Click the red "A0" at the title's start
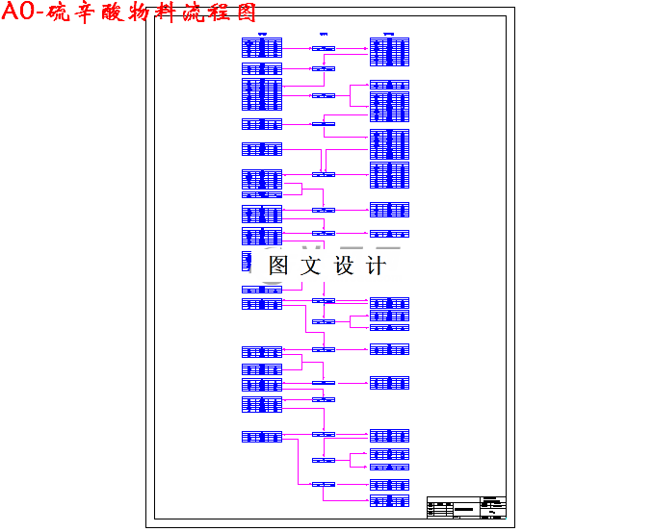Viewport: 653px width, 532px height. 22,13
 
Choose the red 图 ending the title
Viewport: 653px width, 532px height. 245,13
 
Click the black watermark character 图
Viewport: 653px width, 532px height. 278,266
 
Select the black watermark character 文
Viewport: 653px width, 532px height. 310,266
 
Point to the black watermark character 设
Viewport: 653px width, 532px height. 344,266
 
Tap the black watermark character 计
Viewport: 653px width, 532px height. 376,266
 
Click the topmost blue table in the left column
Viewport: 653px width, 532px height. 262,48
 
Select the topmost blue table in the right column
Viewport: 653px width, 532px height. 389,51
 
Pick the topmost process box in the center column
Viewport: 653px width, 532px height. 324,47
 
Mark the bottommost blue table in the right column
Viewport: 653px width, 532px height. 389,500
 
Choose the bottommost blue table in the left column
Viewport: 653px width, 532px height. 262,437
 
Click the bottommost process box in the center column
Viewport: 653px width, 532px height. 324,484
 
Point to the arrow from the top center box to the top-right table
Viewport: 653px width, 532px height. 353,47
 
